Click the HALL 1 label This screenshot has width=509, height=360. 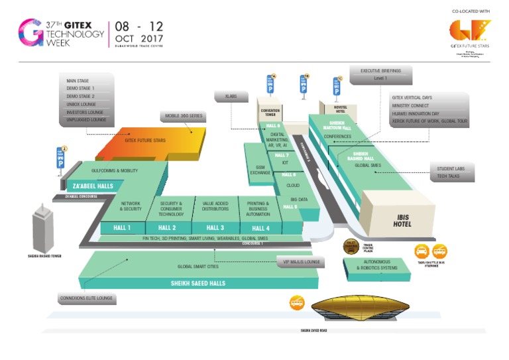121,228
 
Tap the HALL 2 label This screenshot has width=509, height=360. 167,228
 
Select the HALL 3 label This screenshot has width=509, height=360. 215,228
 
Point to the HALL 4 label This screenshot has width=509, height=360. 260,228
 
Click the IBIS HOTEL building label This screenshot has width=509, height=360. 403,220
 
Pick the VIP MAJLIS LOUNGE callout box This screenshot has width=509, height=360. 301,263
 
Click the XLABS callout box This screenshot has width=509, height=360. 231,97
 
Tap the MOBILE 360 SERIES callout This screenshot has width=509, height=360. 184,116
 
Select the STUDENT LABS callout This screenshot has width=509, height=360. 451,169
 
